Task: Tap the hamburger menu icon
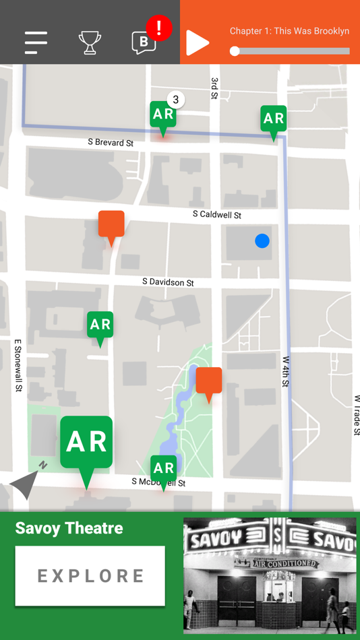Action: [36, 42]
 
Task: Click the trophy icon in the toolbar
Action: [90, 42]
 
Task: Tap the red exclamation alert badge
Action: [159, 28]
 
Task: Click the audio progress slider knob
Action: [235, 51]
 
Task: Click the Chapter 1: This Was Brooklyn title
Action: [289, 31]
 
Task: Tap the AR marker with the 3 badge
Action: [163, 115]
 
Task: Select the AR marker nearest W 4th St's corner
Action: [273, 119]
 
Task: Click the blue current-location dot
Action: [262, 241]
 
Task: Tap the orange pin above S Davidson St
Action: [111, 224]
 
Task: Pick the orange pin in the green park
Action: [209, 381]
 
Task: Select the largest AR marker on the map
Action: [86, 442]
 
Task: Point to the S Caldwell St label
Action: [216, 215]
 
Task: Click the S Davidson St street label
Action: [168, 282]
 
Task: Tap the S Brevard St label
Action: [111, 143]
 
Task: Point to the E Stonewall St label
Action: [18, 365]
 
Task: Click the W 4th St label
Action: [286, 372]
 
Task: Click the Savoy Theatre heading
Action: [69, 528]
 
